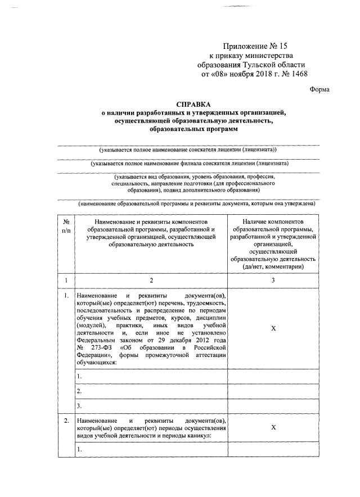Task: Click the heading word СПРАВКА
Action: pos(193,104)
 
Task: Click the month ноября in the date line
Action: pos(244,74)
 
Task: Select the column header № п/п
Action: pos(66,227)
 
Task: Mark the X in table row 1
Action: pos(273,329)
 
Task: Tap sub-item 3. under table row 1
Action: pos(80,405)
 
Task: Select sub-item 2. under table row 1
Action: pos(80,391)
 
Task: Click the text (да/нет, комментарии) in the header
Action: pos(273,266)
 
